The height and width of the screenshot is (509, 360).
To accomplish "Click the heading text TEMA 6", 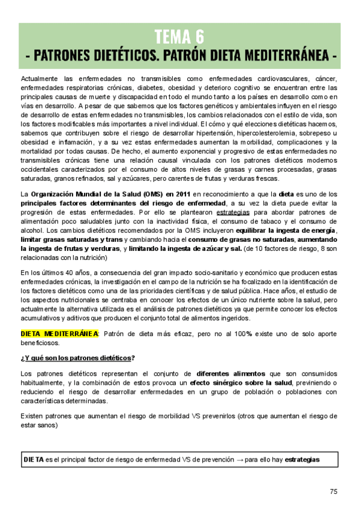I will pyautogui.click(x=179, y=37).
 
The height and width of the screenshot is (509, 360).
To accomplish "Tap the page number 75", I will pyautogui.click(x=334, y=491).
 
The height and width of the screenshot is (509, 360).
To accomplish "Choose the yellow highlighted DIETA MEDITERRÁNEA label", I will pyautogui.click(x=59, y=334).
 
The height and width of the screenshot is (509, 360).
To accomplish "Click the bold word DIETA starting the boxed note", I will pyautogui.click(x=33, y=460).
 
